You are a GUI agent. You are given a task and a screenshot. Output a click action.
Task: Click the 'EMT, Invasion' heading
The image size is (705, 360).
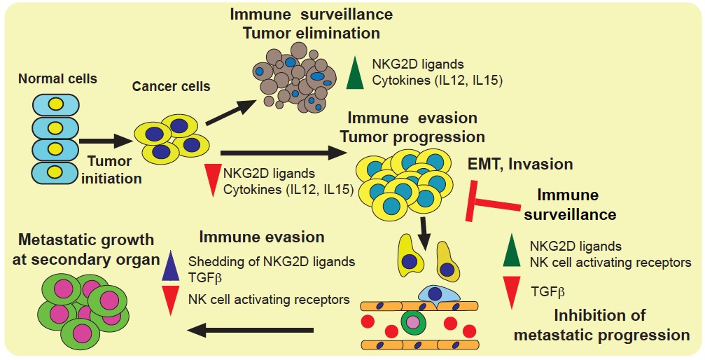click(520, 165)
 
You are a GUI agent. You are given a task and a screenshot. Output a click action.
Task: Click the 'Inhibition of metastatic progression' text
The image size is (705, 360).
click(601, 324)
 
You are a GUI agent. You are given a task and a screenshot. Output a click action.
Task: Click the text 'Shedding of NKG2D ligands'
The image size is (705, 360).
click(272, 261)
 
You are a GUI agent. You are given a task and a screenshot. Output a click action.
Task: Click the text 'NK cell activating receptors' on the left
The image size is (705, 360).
click(269, 300)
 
